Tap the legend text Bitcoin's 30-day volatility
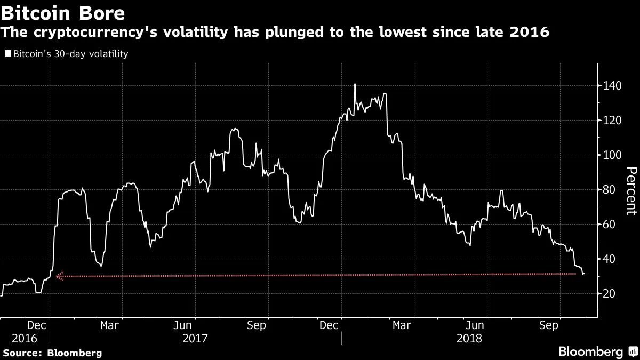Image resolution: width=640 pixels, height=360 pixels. pos(70,54)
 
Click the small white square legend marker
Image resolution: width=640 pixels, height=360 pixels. pos(7,54)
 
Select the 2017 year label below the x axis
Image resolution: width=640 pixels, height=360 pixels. pos(195,338)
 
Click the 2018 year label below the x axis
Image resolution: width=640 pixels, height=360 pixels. pos(469,338)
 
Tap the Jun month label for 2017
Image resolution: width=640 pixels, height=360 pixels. pos(183,325)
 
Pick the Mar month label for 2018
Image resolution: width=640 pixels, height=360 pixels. pos(402,325)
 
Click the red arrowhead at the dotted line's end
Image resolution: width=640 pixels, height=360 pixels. pos(59,276)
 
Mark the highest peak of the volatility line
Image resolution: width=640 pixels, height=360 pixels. pos(355,84)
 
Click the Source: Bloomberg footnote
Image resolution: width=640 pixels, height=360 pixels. pos(52,353)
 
